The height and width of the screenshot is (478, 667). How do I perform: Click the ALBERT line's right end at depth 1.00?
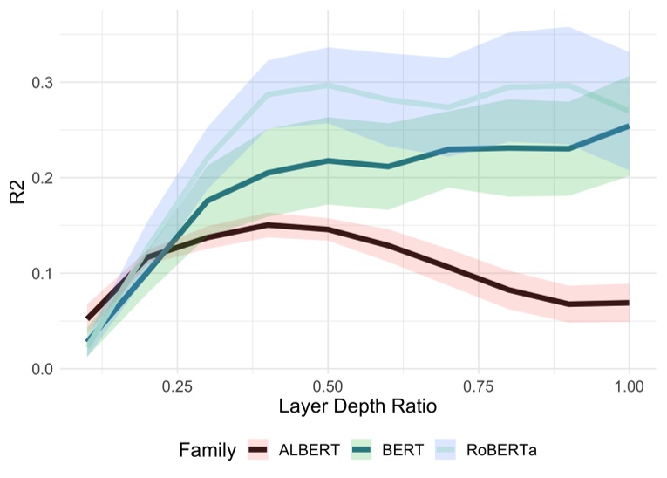point(628,303)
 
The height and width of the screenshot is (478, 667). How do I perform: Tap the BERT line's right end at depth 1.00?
point(628,126)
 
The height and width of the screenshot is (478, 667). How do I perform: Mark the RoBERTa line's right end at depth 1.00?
point(628,111)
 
